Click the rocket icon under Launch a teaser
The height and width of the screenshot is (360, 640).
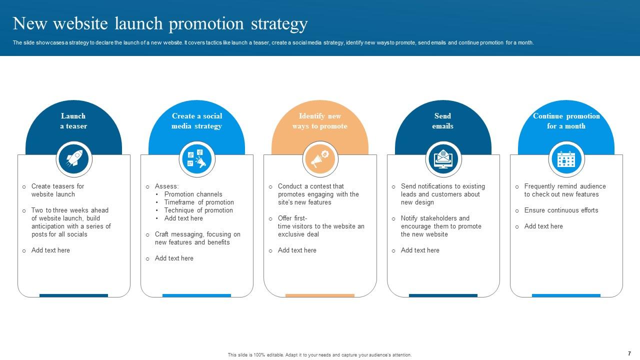click(74, 159)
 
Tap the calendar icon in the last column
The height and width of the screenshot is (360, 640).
click(566, 159)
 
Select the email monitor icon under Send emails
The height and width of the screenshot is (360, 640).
click(443, 159)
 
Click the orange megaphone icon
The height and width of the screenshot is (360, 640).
click(320, 159)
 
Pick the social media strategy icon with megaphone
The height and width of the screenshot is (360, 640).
click(196, 159)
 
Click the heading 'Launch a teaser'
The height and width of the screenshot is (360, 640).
click(73, 121)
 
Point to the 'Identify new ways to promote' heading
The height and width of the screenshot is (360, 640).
click(320, 121)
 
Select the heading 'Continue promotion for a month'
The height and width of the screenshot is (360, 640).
click(566, 121)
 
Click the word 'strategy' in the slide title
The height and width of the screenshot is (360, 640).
click(279, 23)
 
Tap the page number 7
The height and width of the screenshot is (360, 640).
click(629, 353)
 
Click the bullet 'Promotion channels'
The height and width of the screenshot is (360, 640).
click(193, 194)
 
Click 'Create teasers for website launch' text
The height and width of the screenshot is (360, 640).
click(57, 190)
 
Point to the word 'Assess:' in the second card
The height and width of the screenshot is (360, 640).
click(166, 186)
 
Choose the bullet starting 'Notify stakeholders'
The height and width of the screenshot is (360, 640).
click(440, 226)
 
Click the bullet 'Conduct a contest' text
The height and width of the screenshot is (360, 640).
click(318, 194)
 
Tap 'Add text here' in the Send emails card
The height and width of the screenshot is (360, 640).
click(420, 250)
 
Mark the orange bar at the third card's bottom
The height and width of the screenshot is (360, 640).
click(320, 295)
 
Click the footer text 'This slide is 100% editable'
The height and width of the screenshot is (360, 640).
click(319, 355)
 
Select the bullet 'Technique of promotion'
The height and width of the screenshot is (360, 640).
click(198, 210)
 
